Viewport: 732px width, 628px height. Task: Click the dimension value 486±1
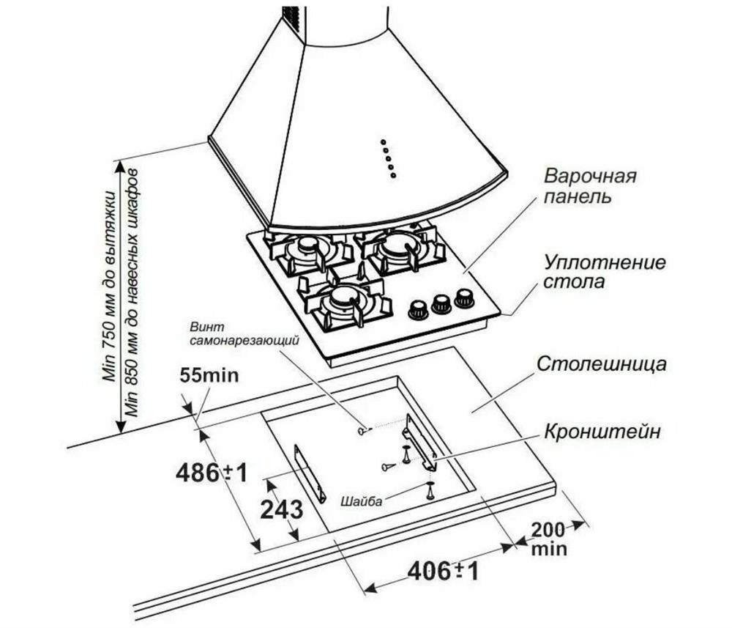(x=212, y=473)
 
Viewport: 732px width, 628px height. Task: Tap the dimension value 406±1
(x=442, y=570)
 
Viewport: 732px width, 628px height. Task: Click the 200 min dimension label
(x=549, y=537)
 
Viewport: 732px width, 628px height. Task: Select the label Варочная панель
(x=590, y=188)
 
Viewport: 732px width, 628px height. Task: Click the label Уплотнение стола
(x=605, y=272)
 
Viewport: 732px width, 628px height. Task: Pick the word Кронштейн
(x=602, y=432)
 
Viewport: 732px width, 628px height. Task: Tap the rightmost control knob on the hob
(x=464, y=298)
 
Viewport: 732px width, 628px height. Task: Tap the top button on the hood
(x=382, y=141)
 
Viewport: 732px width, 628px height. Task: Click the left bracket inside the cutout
(x=310, y=473)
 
